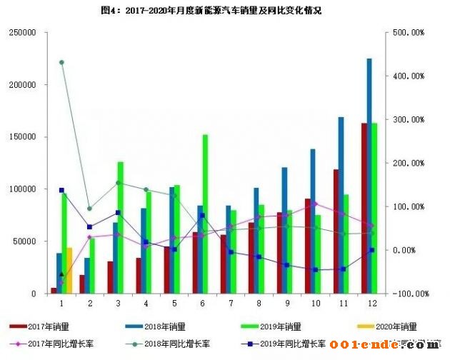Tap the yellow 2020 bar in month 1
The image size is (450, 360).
[x=69, y=271]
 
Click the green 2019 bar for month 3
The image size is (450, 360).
[x=121, y=227]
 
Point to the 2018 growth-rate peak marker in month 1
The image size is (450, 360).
[x=62, y=62]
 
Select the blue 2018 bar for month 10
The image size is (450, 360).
[x=313, y=221]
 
